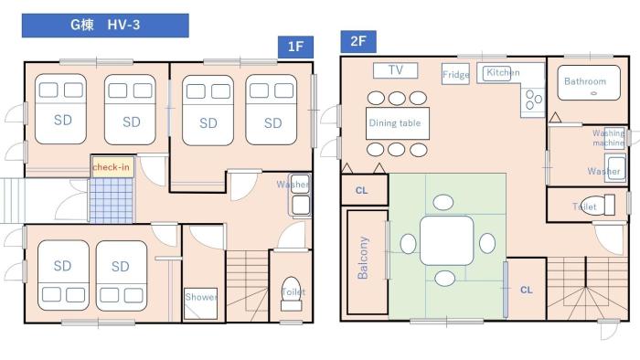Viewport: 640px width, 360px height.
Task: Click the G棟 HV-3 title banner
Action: pyautogui.click(x=105, y=25)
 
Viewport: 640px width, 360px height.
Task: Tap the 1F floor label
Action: pyautogui.click(x=295, y=48)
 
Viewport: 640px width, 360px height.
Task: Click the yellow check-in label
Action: pyautogui.click(x=111, y=167)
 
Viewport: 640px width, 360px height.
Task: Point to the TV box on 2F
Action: pyautogui.click(x=395, y=70)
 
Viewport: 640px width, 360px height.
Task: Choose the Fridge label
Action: pyautogui.click(x=455, y=75)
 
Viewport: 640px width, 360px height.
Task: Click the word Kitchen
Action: pyautogui.click(x=503, y=72)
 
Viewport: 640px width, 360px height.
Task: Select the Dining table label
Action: pyautogui.click(x=396, y=122)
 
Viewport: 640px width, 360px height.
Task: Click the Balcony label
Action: pyautogui.click(x=363, y=259)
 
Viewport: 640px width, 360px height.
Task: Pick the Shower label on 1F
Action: pyautogui.click(x=201, y=297)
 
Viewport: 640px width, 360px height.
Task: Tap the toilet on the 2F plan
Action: pyautogui.click(x=596, y=205)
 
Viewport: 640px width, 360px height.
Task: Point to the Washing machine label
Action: pyautogui.click(x=608, y=138)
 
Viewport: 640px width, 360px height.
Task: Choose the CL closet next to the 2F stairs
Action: pyautogui.click(x=526, y=289)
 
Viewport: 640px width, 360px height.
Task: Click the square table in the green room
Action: pyautogui.click(x=447, y=239)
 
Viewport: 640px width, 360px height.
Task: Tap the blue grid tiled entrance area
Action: pyautogui.click(x=111, y=200)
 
